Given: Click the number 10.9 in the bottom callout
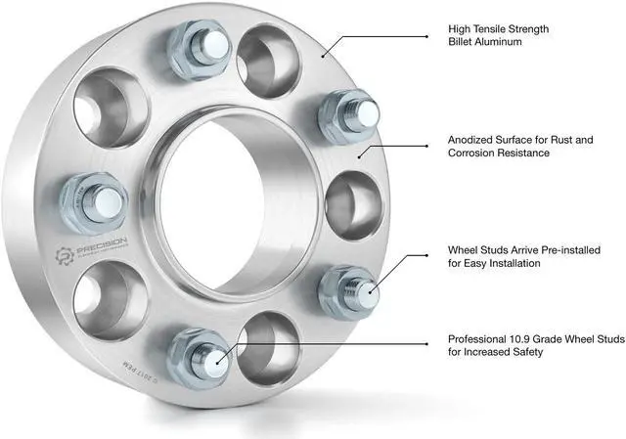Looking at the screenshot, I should point(530,338).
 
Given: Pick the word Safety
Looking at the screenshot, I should point(521,352).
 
